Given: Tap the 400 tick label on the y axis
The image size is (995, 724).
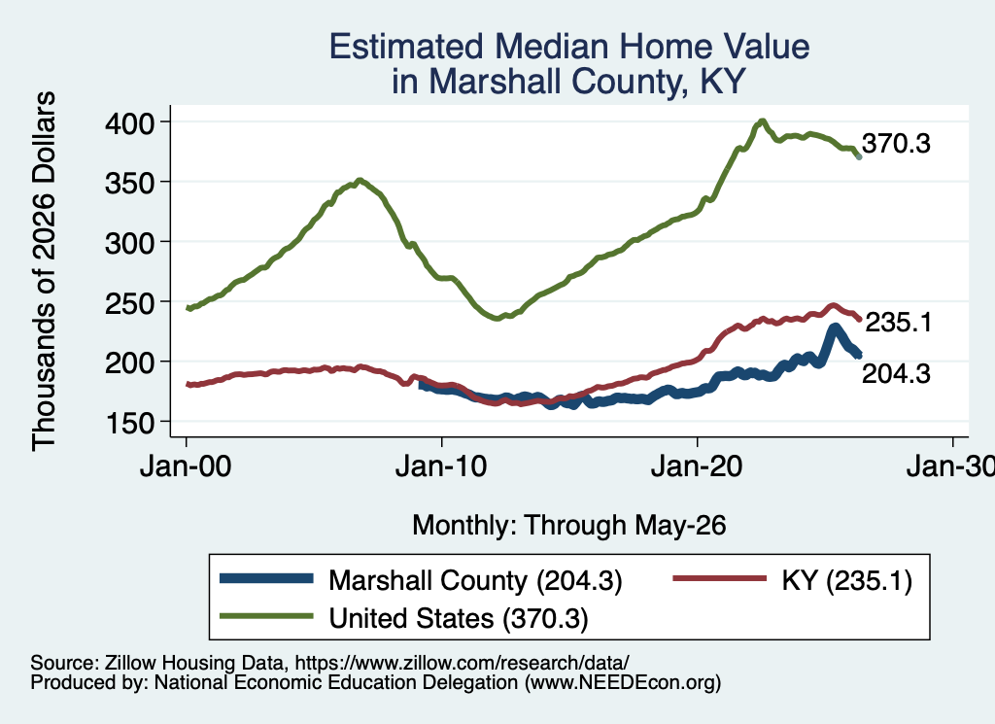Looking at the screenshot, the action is coord(129,122).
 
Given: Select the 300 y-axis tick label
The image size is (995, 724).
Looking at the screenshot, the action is coord(129,242).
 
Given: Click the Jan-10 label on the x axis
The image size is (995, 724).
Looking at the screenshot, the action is coord(441,466).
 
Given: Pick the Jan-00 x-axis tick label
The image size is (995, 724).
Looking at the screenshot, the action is coord(186,466).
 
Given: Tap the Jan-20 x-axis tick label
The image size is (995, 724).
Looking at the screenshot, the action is coord(697,466).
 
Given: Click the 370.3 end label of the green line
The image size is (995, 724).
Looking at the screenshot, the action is coord(896,144).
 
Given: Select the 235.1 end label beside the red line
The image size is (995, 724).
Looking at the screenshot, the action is coord(899,323).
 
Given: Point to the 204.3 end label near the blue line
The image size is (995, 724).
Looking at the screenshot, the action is coord(896,374).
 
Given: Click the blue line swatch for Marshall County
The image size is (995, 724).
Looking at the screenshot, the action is coord(266,578).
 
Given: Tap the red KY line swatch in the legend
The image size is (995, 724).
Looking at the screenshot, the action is coord(720,578).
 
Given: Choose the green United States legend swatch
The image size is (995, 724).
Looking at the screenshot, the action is coord(266,615).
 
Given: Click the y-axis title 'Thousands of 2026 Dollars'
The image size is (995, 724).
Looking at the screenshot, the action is coord(44,271).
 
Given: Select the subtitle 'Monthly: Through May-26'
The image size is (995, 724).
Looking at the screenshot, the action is coord(569,526).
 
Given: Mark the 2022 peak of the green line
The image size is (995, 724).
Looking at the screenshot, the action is coord(762,121).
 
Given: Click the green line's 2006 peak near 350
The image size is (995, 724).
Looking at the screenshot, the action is coord(360,181).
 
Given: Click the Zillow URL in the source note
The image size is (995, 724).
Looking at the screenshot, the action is coord(462,663).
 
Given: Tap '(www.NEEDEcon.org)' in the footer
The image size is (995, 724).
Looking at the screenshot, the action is coord(623,682).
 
